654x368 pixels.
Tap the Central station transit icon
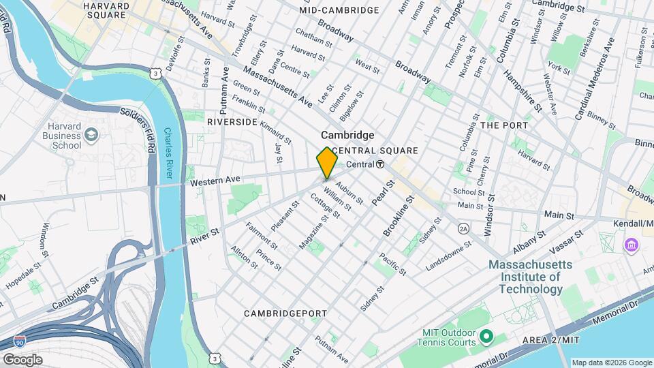(380, 164)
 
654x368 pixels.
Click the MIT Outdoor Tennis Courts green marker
(486, 336)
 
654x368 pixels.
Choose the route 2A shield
(463, 228)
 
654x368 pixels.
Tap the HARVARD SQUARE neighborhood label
(106, 10)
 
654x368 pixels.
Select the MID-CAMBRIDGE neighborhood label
(339, 10)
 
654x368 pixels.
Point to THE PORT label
(504, 125)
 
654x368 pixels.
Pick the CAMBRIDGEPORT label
(286, 313)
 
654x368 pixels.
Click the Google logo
(22, 359)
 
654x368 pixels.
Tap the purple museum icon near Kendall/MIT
(632, 244)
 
